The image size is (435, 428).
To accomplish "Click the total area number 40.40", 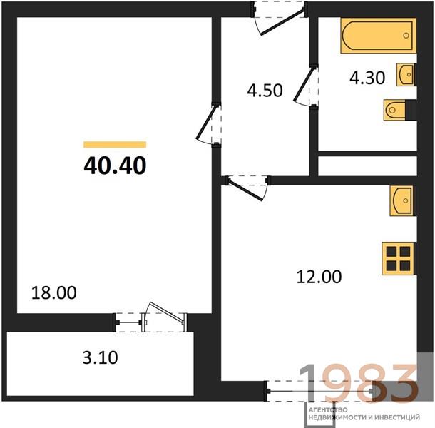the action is (x=115, y=165).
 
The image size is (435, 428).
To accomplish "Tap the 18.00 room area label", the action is (x=53, y=293).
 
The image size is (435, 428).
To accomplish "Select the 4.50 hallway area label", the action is (x=265, y=90).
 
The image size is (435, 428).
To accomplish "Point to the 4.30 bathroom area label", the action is (x=367, y=78).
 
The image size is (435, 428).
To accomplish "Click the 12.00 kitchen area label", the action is (x=319, y=277).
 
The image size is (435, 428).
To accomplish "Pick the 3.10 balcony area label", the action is (x=100, y=357).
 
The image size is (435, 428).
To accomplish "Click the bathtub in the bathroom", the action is (x=379, y=36).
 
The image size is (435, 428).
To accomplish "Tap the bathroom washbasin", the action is (x=406, y=74).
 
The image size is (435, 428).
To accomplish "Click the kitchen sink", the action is (x=401, y=200).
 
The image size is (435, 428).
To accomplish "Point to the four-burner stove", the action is (x=398, y=259).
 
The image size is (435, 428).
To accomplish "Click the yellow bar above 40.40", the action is (x=115, y=145).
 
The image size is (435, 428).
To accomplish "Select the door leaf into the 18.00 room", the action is (x=205, y=123).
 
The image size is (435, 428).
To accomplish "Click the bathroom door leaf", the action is (x=304, y=84).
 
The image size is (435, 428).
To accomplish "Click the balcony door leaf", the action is (x=166, y=313).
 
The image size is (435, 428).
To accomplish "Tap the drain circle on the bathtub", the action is (x=406, y=36).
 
